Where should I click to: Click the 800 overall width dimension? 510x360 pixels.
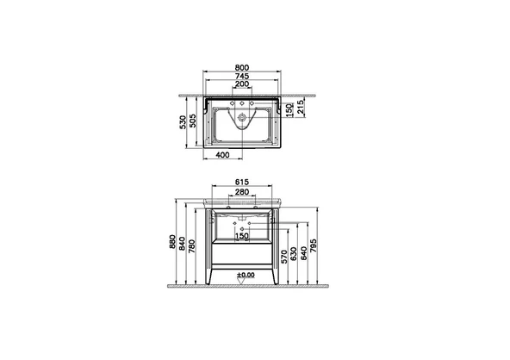click(x=242, y=68)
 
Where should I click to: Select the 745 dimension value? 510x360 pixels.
click(x=242, y=76)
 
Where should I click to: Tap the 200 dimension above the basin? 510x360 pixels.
click(x=242, y=84)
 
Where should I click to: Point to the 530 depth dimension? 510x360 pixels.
click(x=183, y=122)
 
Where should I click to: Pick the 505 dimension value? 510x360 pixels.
click(x=193, y=121)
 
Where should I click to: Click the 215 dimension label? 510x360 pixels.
click(x=301, y=107)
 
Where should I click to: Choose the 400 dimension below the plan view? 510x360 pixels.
click(x=222, y=155)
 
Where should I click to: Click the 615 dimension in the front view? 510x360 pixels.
click(x=242, y=182)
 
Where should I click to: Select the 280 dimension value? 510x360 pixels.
click(x=242, y=192)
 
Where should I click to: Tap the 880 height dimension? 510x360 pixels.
click(x=172, y=242)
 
